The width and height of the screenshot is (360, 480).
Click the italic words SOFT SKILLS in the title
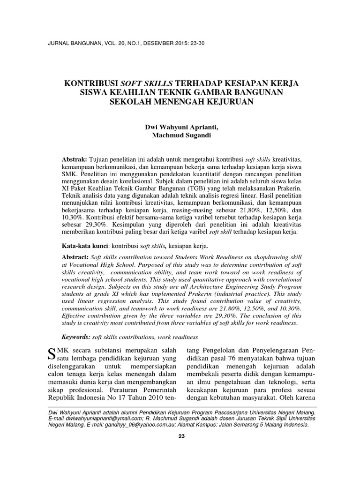[149, 83]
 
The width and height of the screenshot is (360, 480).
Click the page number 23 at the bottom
[182, 437]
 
